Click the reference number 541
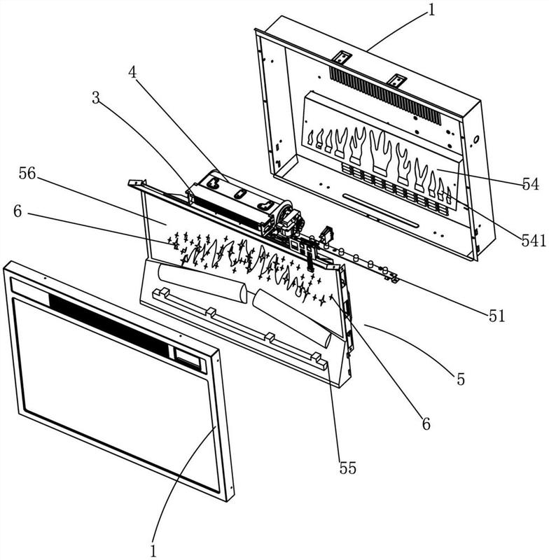(x=534, y=241)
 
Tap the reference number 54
(x=530, y=185)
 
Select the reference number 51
(x=497, y=316)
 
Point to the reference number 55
(x=347, y=468)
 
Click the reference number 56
(x=27, y=174)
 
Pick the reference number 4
(x=132, y=73)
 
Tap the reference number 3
(x=95, y=98)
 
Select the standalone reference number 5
(x=461, y=379)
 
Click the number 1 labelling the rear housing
(x=431, y=10)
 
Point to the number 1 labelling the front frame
(x=153, y=551)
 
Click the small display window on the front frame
(x=188, y=358)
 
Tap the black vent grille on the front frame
(x=109, y=325)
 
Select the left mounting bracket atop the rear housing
(x=342, y=57)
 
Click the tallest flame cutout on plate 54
(x=381, y=152)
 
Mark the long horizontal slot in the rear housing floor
(x=380, y=211)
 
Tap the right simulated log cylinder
(x=292, y=318)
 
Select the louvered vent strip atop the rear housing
(x=385, y=95)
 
